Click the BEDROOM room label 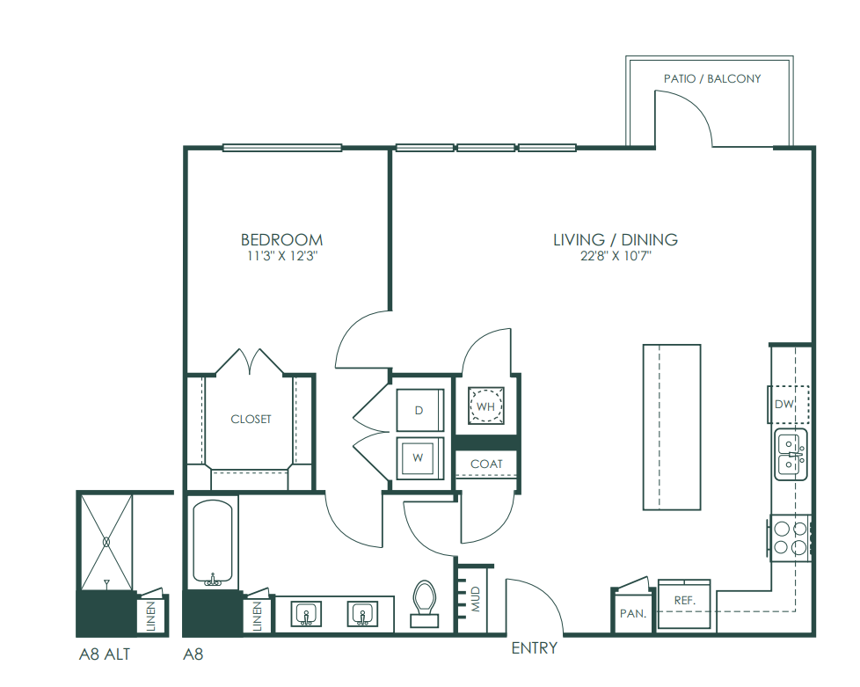282,240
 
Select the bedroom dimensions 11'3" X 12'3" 282,256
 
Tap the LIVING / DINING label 616,240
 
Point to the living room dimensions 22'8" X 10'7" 616,256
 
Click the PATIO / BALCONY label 712,79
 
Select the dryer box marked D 419,410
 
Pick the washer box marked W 419,457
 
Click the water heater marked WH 486,406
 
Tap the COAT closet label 486,464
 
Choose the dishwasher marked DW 788,405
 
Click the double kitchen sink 791,455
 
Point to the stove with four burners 791,537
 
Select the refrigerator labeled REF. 684,603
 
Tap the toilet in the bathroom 425,603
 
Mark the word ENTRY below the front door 535,648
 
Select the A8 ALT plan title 105,654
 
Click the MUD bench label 476,599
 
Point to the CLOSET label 251,420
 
